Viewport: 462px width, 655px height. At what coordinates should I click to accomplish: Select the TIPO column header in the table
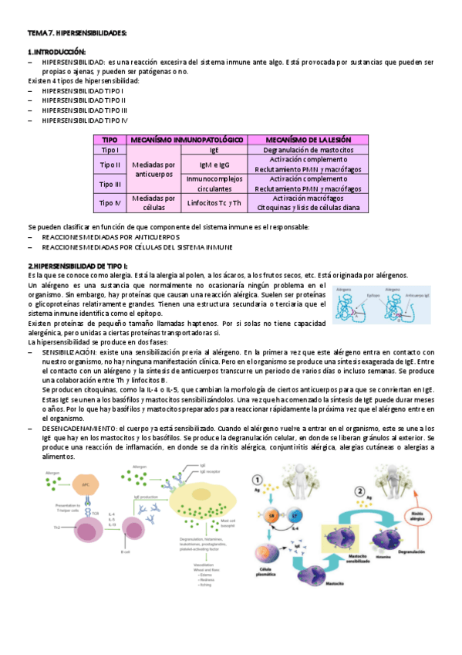pyautogui.click(x=110, y=139)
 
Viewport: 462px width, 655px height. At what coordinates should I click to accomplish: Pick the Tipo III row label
pyautogui.click(x=110, y=184)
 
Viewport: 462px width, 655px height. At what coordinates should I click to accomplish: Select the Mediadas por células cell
pyautogui.click(x=153, y=203)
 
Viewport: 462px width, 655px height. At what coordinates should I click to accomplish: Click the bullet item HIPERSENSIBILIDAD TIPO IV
pyautogui.click(x=85, y=120)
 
